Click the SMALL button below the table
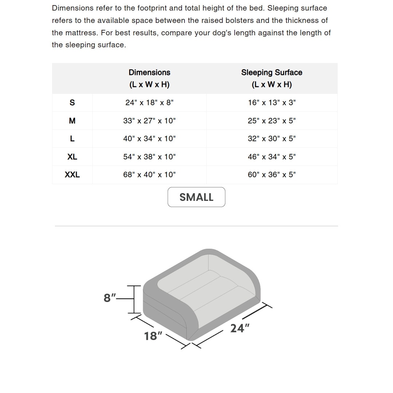(x=196, y=197)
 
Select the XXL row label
(x=72, y=175)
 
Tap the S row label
(x=72, y=103)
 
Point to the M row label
(x=72, y=121)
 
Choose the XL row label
(x=72, y=157)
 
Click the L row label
(x=72, y=139)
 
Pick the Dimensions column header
(x=149, y=78)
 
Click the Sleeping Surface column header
(x=272, y=78)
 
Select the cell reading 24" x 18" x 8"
(x=149, y=103)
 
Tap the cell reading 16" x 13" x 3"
(x=272, y=103)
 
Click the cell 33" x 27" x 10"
(x=149, y=121)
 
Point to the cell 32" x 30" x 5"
(x=272, y=139)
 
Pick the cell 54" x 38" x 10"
(x=149, y=157)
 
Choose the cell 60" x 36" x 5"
(x=272, y=175)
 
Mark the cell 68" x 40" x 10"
(x=149, y=175)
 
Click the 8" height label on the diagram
(x=110, y=298)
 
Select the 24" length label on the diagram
(x=239, y=328)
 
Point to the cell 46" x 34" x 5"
(x=272, y=157)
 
